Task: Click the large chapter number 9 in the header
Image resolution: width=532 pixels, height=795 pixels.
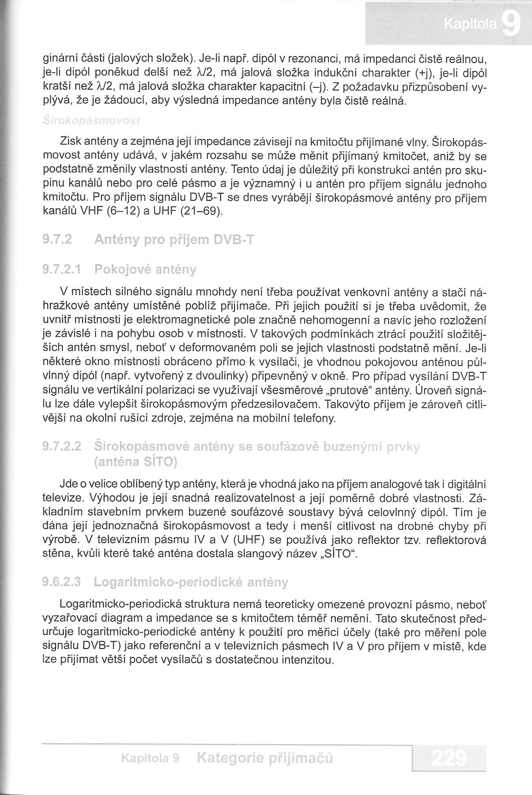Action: point(511,25)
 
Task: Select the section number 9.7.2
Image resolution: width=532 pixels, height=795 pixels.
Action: point(58,240)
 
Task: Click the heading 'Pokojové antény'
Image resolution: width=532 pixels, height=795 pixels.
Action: point(145,269)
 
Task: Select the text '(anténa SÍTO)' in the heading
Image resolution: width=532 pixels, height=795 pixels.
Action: point(136,462)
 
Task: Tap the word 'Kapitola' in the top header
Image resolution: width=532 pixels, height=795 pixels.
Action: point(470,25)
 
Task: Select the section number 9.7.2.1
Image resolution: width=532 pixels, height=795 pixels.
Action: point(61,269)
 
